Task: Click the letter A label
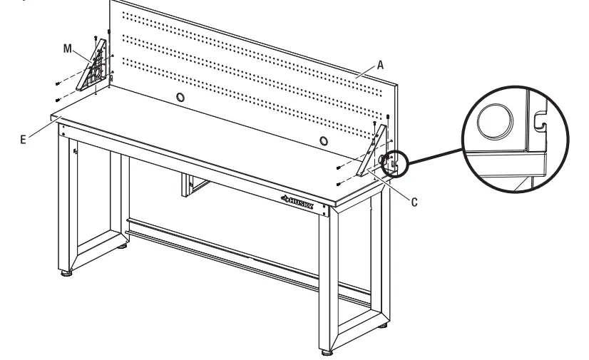(x=381, y=63)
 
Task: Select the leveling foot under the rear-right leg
(x=386, y=329)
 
